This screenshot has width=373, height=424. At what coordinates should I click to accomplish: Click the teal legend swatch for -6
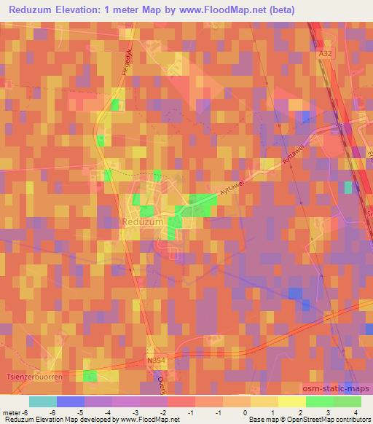(x=42, y=401)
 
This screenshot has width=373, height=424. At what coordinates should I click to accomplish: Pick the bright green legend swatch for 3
(x=320, y=401)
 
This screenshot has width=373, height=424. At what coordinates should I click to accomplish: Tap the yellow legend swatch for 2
(x=293, y=401)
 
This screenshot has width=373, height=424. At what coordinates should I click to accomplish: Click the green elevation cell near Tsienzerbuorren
(x=90, y=375)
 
